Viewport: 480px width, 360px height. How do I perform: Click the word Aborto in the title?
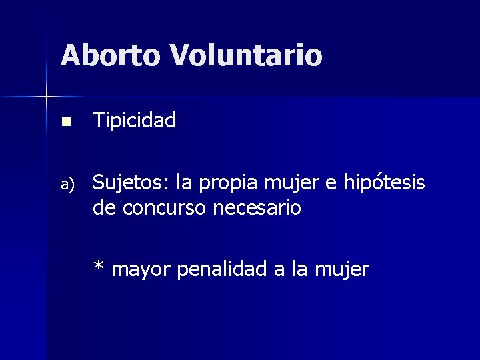point(110,55)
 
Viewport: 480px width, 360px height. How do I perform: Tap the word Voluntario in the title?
point(246,55)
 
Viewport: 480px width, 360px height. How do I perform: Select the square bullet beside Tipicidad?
point(65,122)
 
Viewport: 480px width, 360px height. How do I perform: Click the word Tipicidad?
point(135,121)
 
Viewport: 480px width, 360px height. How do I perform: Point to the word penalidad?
point(226,269)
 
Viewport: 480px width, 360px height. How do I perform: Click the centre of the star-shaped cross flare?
point(47,97)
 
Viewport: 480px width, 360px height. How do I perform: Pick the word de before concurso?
point(103,209)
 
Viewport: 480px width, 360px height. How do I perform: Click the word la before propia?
point(185,181)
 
